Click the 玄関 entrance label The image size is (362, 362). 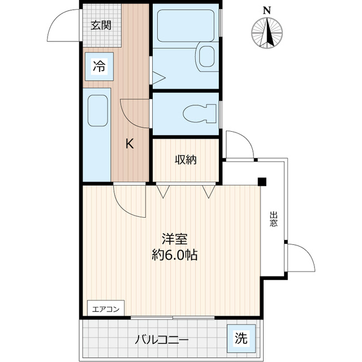click(101, 25)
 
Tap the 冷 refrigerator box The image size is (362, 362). click(99, 66)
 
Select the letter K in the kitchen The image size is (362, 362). click(130, 144)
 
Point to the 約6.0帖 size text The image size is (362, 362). click(174, 255)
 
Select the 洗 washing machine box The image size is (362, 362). click(241, 339)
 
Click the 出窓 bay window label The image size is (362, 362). click(274, 219)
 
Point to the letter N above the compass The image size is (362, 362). click(266, 10)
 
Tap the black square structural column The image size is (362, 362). click(262, 182)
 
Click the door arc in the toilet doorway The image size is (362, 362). click(134, 111)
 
